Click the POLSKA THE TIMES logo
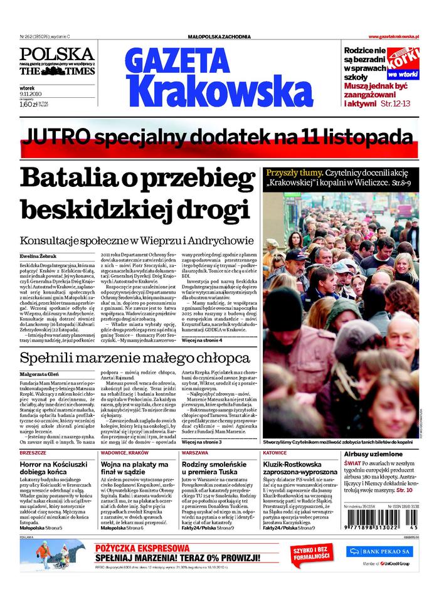[56, 61]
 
